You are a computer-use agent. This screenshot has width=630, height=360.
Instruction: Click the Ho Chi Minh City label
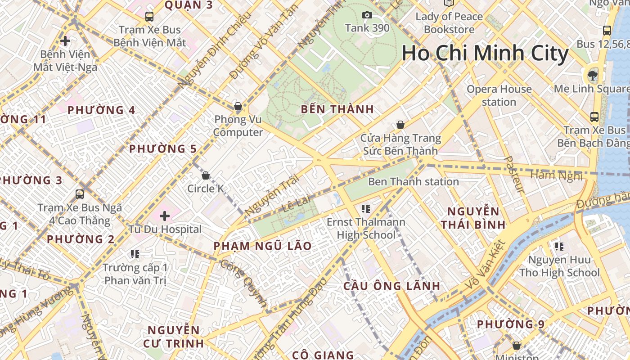[485, 53]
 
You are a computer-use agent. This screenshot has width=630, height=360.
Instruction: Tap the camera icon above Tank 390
[367, 15]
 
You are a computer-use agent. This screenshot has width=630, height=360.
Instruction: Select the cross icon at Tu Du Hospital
[165, 216]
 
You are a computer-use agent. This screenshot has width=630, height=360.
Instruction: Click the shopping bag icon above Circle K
[206, 175]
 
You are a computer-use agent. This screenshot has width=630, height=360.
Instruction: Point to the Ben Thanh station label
[413, 182]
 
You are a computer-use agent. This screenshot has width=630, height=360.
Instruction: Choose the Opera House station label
[499, 95]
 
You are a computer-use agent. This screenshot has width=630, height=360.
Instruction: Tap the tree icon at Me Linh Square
[592, 75]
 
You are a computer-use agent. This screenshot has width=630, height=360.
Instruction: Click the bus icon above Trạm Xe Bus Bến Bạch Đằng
[594, 117]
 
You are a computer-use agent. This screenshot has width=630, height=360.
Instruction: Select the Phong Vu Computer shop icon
[238, 107]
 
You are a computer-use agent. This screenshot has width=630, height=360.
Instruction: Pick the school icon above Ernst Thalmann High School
[365, 208]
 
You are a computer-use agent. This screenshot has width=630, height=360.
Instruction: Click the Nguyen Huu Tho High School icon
[559, 246]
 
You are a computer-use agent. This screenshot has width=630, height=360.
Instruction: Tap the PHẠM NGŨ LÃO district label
[262, 246]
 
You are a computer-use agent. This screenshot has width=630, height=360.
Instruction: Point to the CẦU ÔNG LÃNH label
[391, 286]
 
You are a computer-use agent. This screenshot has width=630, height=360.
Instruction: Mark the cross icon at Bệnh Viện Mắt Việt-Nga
[65, 41]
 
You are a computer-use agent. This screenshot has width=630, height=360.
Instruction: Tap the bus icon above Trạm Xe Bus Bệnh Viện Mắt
[149, 17]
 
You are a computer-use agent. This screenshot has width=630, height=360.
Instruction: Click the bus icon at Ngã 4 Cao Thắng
[80, 194]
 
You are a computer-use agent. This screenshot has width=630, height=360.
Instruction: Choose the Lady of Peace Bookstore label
[449, 23]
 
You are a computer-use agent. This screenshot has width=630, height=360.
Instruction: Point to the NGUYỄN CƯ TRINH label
[173, 337]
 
